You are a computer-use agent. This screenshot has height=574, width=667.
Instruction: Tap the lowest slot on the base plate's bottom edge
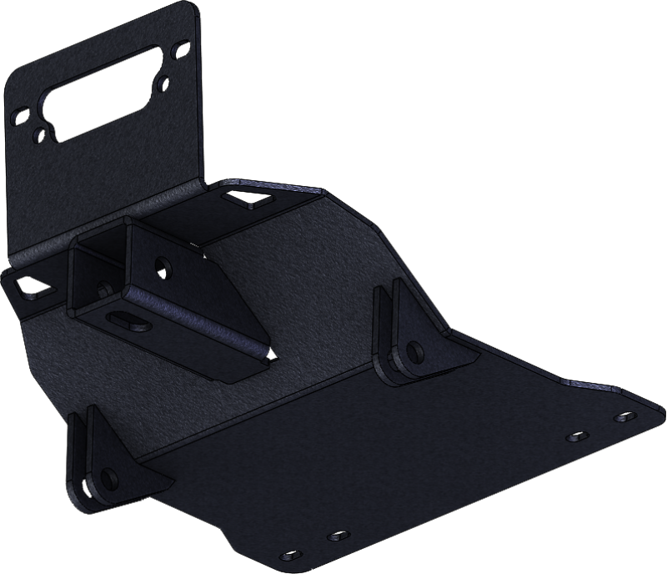tap(291, 554)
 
